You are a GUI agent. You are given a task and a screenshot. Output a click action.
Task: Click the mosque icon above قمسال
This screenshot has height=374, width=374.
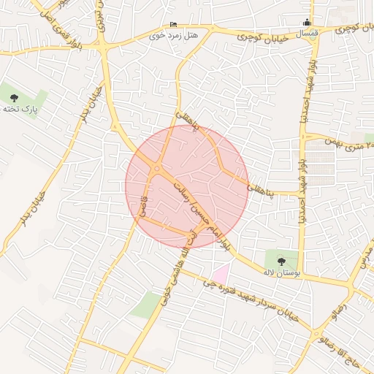306,21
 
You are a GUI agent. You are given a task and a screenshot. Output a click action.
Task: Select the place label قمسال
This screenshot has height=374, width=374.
306,32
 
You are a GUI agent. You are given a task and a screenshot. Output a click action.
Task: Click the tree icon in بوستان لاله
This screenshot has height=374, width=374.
281,258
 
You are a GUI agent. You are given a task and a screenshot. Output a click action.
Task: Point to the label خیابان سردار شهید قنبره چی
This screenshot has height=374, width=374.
256,300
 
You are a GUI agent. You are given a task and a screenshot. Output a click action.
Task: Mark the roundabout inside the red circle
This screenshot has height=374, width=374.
157,171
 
